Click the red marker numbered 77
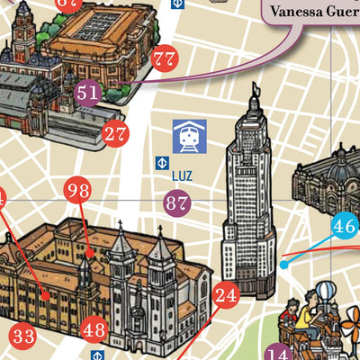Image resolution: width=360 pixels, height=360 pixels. click(164, 60)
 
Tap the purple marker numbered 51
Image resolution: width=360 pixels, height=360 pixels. click(87, 92)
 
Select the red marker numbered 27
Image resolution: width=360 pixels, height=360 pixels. click(114, 135)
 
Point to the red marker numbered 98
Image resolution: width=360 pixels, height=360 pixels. click(78, 190)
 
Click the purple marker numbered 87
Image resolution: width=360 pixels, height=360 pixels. click(176, 203)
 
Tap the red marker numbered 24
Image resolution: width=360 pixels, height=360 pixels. click(226, 293)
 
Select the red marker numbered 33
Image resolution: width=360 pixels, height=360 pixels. click(23, 337)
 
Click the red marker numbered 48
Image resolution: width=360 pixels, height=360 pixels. click(94, 329)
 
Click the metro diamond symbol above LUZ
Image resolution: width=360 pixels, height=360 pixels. click(163, 163)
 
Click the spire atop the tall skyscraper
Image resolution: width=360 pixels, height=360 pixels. click(256, 90)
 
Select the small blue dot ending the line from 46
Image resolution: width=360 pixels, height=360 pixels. click(283, 265)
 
